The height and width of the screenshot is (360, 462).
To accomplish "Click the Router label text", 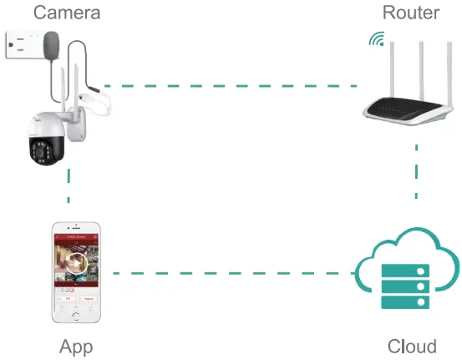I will [x=411, y=13].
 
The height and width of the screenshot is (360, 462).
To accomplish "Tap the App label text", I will [x=76, y=346].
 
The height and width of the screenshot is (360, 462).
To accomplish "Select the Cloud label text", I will [x=412, y=346].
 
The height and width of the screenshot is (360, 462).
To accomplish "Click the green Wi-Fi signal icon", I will [x=378, y=39].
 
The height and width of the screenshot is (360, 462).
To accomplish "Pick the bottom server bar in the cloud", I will [x=405, y=302].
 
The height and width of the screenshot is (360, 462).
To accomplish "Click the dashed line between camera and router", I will [x=234, y=85].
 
